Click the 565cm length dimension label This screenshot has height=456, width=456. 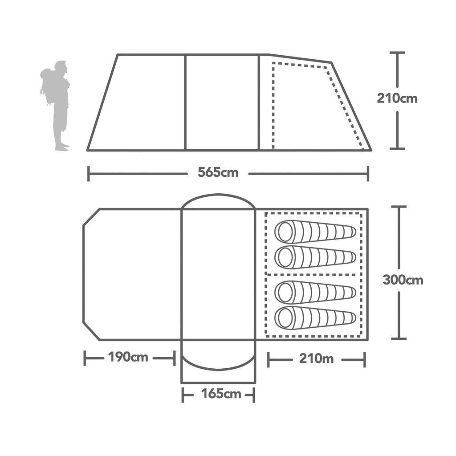pyautogui.click(x=218, y=173)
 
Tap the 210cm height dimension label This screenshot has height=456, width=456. pyautogui.click(x=397, y=98)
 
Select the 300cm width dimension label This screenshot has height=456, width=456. pyautogui.click(x=403, y=280)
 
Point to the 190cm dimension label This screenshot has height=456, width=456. pyautogui.click(x=128, y=357)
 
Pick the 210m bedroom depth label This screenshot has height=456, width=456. pyautogui.click(x=316, y=359)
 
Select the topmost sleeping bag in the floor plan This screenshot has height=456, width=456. pyautogui.click(x=315, y=232)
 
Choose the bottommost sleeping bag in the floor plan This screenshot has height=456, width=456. pyautogui.click(x=315, y=318)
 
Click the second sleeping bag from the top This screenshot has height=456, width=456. pyautogui.click(x=315, y=257)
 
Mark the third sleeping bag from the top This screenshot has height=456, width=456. pyautogui.click(x=315, y=292)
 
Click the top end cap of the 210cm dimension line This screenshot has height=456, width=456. pyautogui.click(x=397, y=53)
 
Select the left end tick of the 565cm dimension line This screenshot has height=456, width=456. pyautogui.click(x=89, y=174)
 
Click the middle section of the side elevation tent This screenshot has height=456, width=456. pyautogui.click(x=222, y=102)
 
